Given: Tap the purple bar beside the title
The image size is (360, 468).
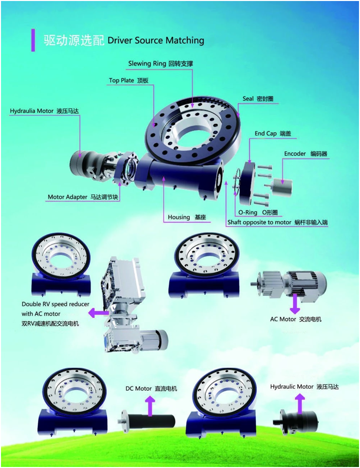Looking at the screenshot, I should click(x=33, y=40).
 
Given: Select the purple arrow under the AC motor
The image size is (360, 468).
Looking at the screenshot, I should click(x=295, y=301).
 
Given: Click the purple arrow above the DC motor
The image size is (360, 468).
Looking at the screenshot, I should click(x=150, y=406).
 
